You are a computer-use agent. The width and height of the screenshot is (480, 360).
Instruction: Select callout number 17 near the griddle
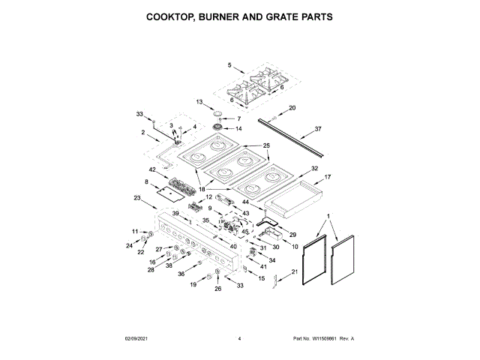point(327,177)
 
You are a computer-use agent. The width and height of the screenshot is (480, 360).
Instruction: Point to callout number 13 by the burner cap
point(199,102)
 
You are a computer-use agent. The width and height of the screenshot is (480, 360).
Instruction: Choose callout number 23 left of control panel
point(136,198)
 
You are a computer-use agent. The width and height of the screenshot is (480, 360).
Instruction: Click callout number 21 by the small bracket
point(294,271)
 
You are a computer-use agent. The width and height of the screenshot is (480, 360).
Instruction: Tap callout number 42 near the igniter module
point(151,169)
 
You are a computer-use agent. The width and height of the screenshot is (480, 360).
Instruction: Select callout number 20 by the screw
point(292,108)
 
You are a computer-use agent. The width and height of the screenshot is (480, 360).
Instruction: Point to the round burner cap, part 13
point(219,112)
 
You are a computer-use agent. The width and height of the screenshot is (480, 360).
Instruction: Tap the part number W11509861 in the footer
point(322,339)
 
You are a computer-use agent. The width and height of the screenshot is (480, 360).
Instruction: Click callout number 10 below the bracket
point(295,246)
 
